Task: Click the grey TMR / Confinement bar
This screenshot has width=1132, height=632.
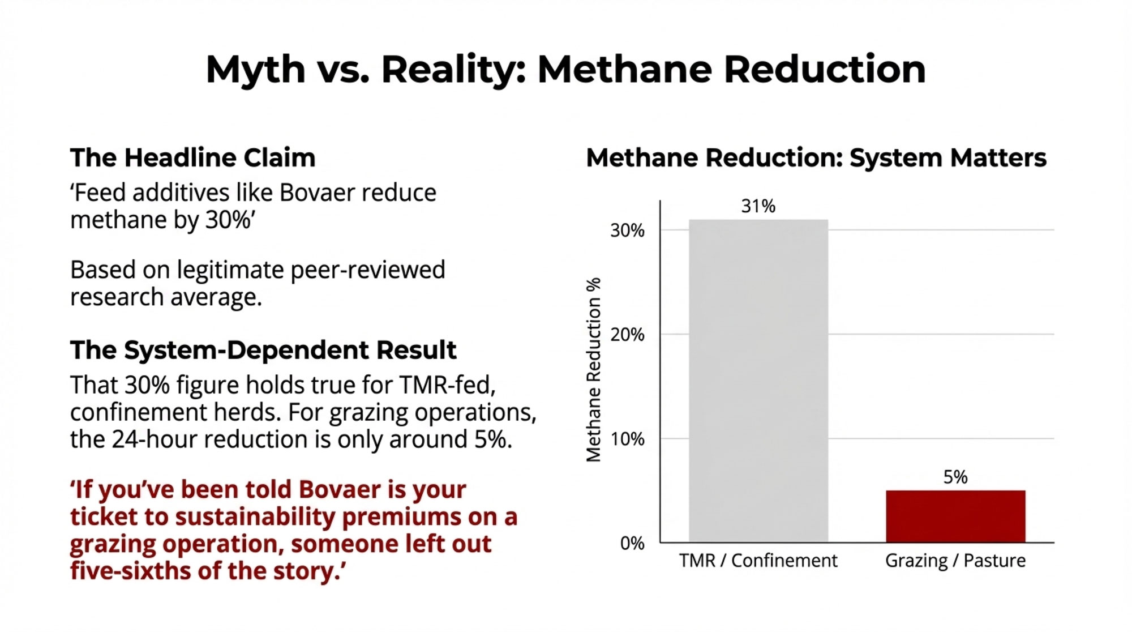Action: [758, 381]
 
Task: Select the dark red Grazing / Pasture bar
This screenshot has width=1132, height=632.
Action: [955, 516]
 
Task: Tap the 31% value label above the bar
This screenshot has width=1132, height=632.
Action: [758, 206]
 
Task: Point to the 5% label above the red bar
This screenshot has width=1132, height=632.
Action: [955, 477]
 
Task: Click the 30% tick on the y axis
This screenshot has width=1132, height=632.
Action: [627, 230]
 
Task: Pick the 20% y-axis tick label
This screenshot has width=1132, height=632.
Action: [627, 335]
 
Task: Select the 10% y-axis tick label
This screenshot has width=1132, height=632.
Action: [627, 439]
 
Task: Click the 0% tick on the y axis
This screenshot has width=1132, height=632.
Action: [632, 543]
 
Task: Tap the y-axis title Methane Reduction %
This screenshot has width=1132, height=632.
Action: [593, 370]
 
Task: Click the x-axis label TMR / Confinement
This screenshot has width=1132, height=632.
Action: [758, 561]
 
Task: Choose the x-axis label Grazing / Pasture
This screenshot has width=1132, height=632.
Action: [955, 561]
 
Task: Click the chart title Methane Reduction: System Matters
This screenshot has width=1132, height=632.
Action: [816, 158]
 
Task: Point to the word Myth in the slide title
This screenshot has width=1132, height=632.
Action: [255, 70]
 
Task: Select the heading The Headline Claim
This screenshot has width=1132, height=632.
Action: [192, 158]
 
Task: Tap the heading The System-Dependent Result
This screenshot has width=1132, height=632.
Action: [263, 351]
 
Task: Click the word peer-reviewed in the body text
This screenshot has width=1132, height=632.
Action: [368, 271]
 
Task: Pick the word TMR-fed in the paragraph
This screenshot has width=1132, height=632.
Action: [447, 385]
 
